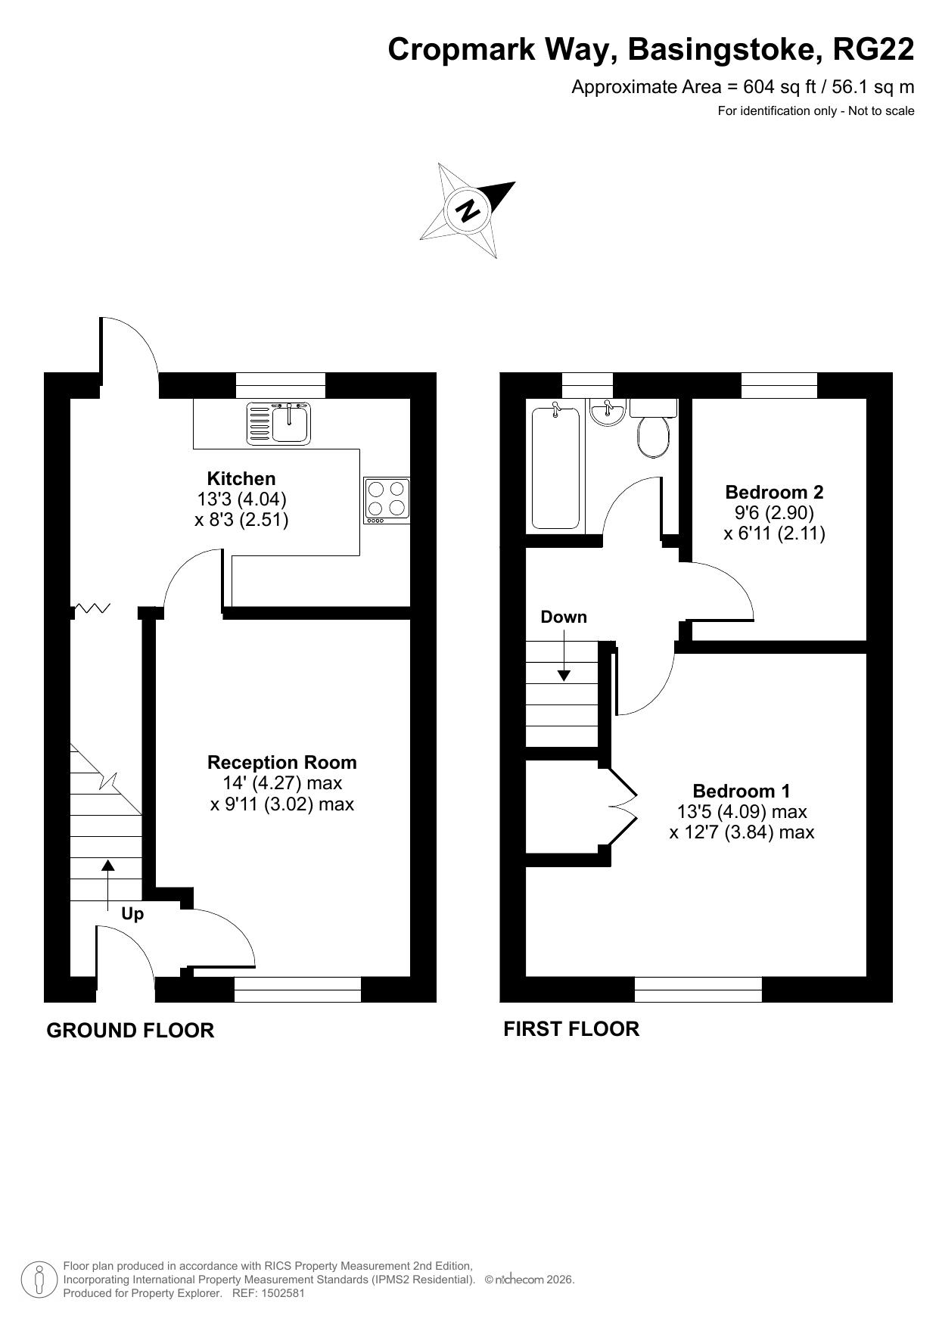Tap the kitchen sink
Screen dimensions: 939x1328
[x=278, y=422]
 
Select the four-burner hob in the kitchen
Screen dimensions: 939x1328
[x=387, y=500]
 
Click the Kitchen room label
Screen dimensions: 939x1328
[x=241, y=478]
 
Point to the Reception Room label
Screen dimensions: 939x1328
[x=282, y=762]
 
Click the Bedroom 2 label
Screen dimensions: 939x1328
[x=774, y=492]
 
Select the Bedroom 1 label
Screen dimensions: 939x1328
[x=742, y=791]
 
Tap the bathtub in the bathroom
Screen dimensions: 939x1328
[x=555, y=467]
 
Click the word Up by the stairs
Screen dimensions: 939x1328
[x=132, y=914]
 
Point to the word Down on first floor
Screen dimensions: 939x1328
[x=564, y=617]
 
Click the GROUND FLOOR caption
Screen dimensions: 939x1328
[x=130, y=1030]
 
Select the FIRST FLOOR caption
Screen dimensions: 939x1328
[x=571, y=1028]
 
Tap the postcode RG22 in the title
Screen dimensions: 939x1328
[x=873, y=49]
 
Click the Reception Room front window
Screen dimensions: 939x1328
[x=297, y=989]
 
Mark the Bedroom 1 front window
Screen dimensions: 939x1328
[x=698, y=989]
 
